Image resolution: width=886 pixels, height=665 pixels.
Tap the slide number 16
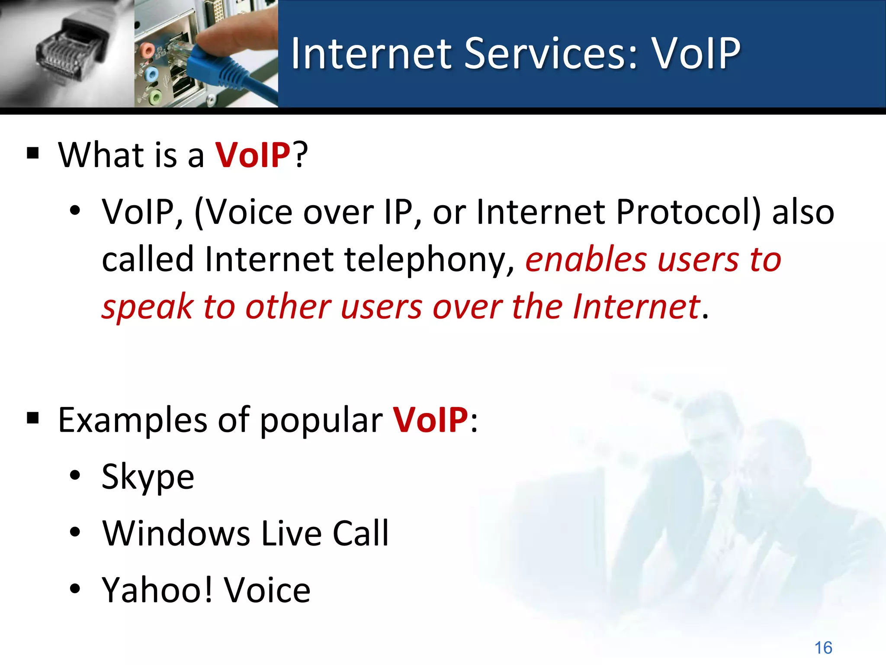[x=823, y=648]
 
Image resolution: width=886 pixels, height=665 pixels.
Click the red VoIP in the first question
[x=253, y=155]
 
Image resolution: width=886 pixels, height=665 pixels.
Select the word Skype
[x=148, y=476]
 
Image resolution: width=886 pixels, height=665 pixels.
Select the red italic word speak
[x=147, y=307]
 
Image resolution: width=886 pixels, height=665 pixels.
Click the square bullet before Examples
[x=33, y=419]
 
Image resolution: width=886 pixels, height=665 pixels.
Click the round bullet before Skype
[x=75, y=475]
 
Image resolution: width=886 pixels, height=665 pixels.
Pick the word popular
[x=321, y=420]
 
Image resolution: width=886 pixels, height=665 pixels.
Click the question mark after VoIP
[x=300, y=155]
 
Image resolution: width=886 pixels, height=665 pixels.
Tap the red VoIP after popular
[x=430, y=420]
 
